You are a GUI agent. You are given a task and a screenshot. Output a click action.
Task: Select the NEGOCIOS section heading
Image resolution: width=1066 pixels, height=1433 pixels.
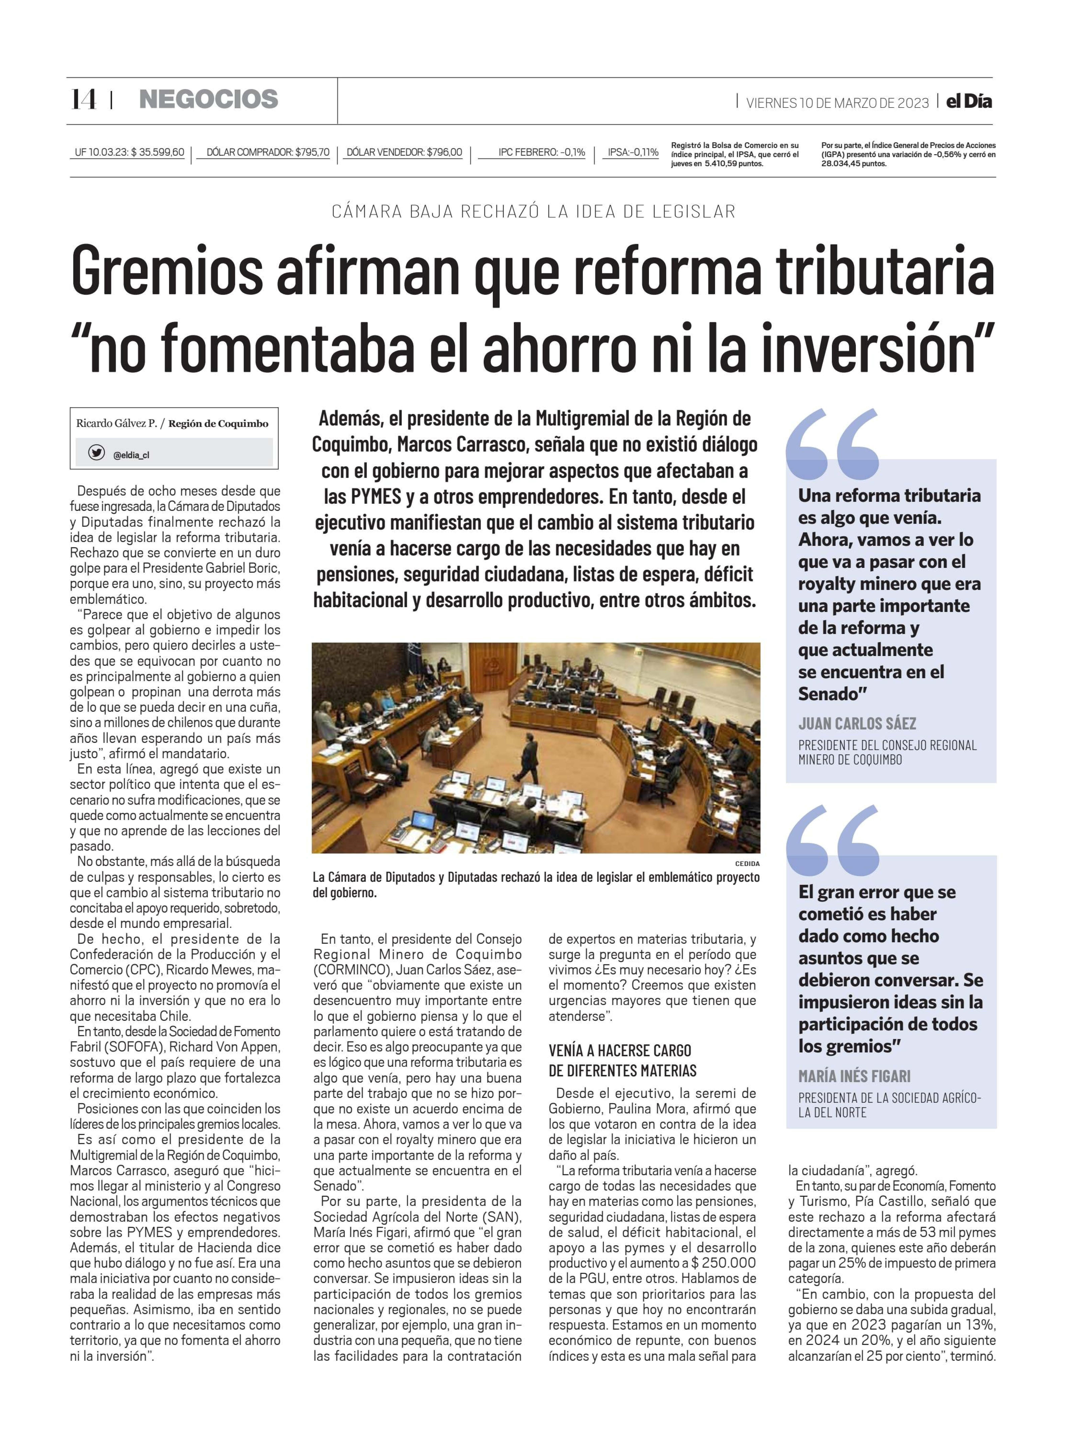tap(209, 99)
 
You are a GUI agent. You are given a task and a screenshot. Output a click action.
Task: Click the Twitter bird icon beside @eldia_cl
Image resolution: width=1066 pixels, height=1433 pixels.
tap(97, 454)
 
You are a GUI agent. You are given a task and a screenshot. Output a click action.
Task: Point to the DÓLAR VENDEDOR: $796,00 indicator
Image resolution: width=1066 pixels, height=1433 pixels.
tap(404, 153)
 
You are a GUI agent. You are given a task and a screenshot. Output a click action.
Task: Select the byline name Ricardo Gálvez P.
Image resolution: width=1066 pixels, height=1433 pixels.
tap(116, 424)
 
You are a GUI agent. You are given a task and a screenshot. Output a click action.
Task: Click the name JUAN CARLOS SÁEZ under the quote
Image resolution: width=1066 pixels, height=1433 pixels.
tap(857, 724)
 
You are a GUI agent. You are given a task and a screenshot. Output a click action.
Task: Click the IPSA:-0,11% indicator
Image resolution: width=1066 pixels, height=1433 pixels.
tap(633, 153)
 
